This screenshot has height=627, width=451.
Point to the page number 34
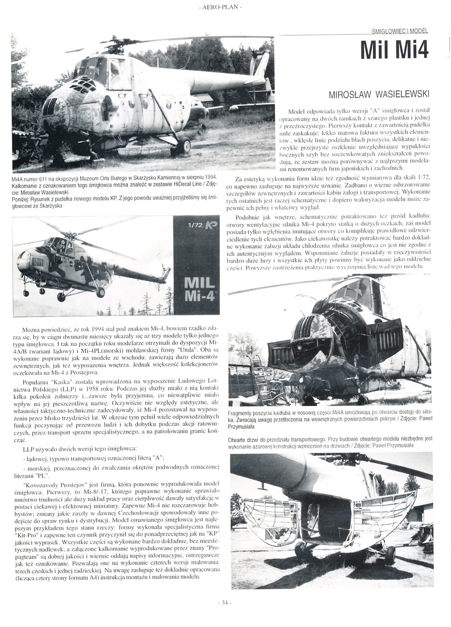[x=225, y=602]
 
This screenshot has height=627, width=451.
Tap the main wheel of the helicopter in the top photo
[x=181, y=147]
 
